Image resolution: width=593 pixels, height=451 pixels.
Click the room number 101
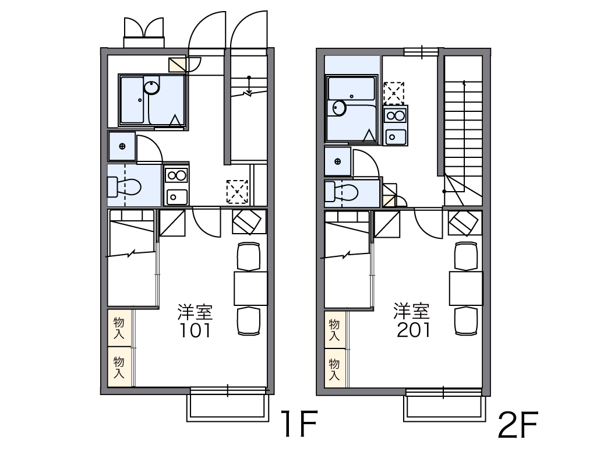point(195,331)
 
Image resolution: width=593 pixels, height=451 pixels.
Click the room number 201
point(414,330)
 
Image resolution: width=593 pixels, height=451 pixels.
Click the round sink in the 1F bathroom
point(152,88)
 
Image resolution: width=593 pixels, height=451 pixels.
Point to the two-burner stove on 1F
point(176,175)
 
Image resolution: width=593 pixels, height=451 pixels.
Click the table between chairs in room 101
point(250,288)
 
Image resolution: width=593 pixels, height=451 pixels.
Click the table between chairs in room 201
point(466,287)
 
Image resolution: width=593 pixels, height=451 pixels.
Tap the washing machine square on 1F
point(122,146)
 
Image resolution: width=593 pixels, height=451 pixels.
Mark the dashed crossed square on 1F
point(238,191)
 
